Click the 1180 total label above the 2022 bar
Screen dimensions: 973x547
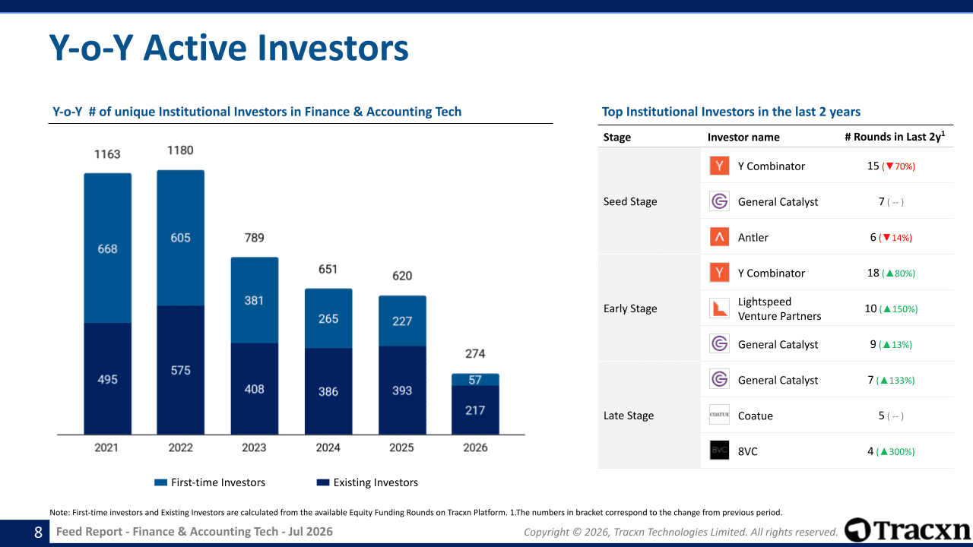[x=180, y=150]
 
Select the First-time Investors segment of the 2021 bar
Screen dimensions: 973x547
[x=108, y=248]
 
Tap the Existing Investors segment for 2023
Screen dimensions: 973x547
[x=255, y=388]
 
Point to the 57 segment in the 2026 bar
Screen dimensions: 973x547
[x=475, y=380]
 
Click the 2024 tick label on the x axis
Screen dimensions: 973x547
[x=328, y=447]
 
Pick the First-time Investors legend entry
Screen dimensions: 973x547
[x=210, y=482]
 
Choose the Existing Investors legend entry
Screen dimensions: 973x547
[x=367, y=482]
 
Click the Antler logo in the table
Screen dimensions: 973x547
[x=719, y=237]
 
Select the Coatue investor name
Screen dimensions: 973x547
[x=756, y=416]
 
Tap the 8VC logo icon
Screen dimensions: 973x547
[x=719, y=451]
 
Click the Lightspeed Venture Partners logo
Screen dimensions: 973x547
[x=719, y=308]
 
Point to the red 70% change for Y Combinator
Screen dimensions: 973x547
[x=899, y=166]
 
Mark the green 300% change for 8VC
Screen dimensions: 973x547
[x=895, y=452]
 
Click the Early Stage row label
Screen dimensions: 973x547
[x=630, y=308]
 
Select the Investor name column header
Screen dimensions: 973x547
[x=743, y=138]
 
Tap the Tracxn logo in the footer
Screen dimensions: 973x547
[x=908, y=530]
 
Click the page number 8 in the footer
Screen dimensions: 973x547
[x=38, y=533]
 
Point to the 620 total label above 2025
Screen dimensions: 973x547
[x=402, y=276]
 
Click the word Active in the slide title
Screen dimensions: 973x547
[x=196, y=48]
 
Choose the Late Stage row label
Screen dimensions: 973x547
[x=629, y=416]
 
